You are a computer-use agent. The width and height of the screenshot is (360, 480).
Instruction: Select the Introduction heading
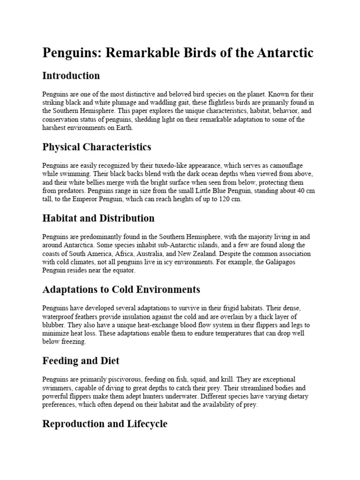point(71,76)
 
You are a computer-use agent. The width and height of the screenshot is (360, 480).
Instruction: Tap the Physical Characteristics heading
point(97,147)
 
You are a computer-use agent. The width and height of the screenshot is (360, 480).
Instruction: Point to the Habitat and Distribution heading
point(98,218)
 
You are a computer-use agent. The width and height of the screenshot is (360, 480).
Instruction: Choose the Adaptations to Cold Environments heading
point(121,290)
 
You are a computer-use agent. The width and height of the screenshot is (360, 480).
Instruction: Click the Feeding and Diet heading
point(81,361)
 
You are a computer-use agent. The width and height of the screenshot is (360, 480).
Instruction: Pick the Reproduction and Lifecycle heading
point(105,424)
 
